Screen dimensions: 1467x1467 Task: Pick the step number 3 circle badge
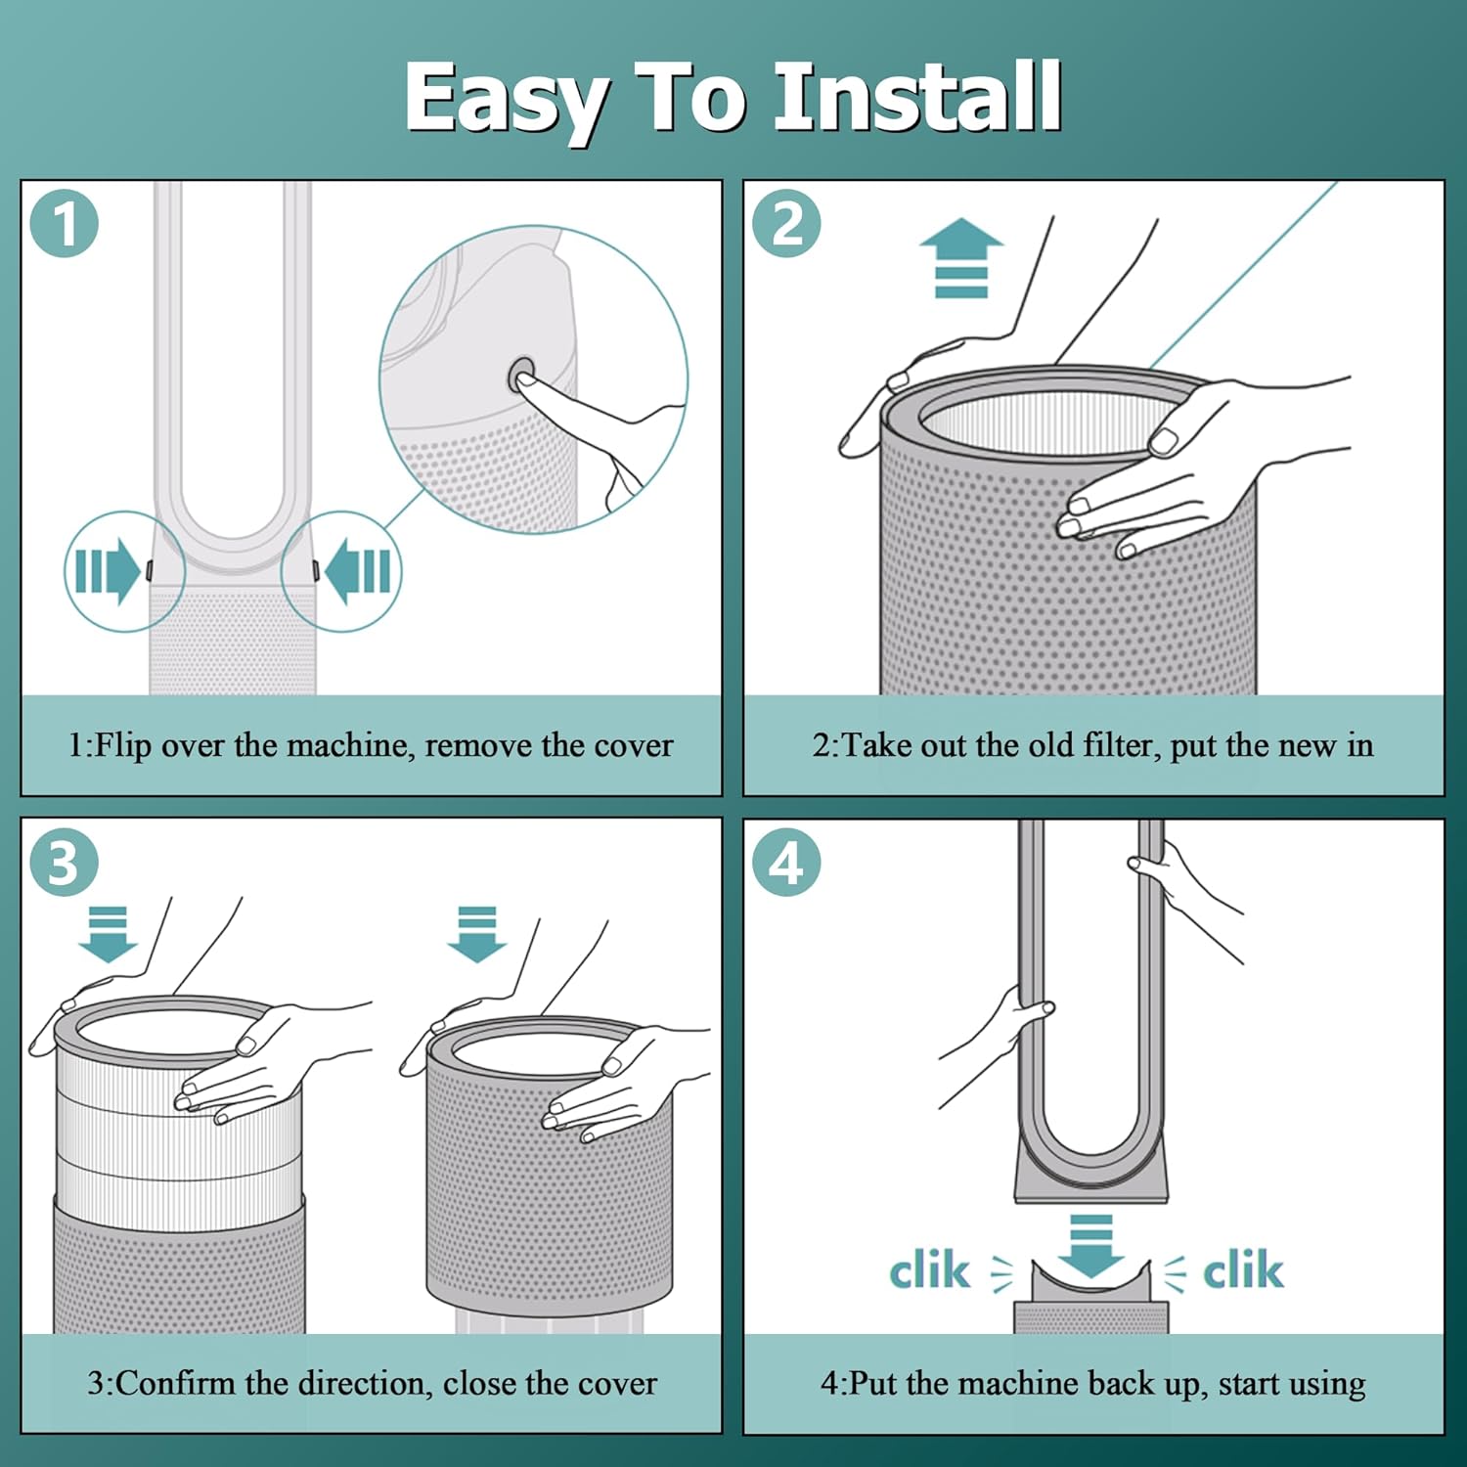pos(65,863)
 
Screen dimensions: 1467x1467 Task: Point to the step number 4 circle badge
pos(786,863)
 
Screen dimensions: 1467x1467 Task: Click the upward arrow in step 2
pos(961,257)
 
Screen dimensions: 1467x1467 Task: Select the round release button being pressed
pos(521,375)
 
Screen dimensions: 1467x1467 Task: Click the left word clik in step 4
pos(929,1270)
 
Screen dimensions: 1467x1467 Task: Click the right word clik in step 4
pos(1242,1270)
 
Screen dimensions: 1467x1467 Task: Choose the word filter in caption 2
pos(1121,745)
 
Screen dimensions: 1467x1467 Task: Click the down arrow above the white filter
pos(108,934)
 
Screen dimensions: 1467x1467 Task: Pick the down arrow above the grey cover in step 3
pos(477,934)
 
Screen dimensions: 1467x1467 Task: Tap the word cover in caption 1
pos(632,745)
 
